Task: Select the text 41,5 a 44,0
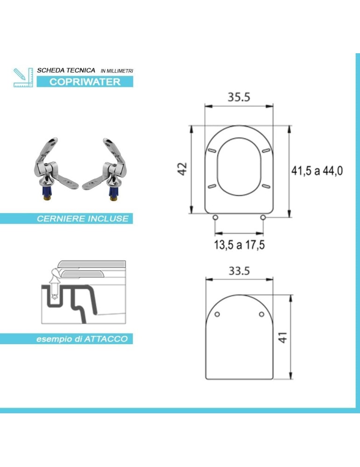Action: [317, 171]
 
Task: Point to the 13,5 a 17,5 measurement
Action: [239, 245]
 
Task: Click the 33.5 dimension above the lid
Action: [239, 271]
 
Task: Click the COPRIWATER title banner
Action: [85, 82]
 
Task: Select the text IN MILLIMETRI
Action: [117, 71]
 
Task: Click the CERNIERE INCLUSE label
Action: [83, 219]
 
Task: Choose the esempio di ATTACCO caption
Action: [82, 339]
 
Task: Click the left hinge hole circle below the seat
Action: [215, 218]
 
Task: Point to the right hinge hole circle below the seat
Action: [263, 218]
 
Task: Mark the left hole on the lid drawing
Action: [218, 314]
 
